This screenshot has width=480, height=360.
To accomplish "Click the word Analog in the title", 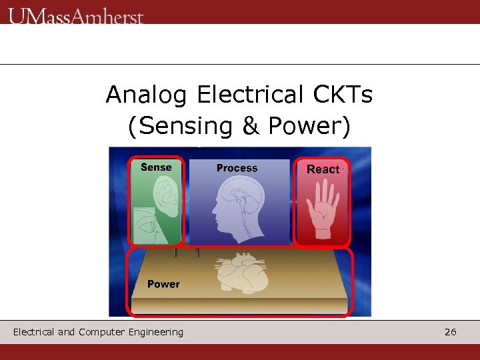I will click(x=147, y=95).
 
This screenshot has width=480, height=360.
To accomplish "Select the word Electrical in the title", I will click(x=250, y=95).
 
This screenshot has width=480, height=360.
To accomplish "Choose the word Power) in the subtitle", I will click(x=308, y=126).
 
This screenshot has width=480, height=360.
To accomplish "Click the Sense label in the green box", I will click(x=156, y=167).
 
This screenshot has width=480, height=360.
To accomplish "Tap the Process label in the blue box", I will click(x=237, y=168).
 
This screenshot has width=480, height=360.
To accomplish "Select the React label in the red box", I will click(x=323, y=169).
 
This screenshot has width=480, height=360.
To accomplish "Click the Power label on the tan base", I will click(x=163, y=284).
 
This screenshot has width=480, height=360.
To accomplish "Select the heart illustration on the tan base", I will click(x=241, y=274).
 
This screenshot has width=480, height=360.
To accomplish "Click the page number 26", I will click(x=451, y=332).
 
